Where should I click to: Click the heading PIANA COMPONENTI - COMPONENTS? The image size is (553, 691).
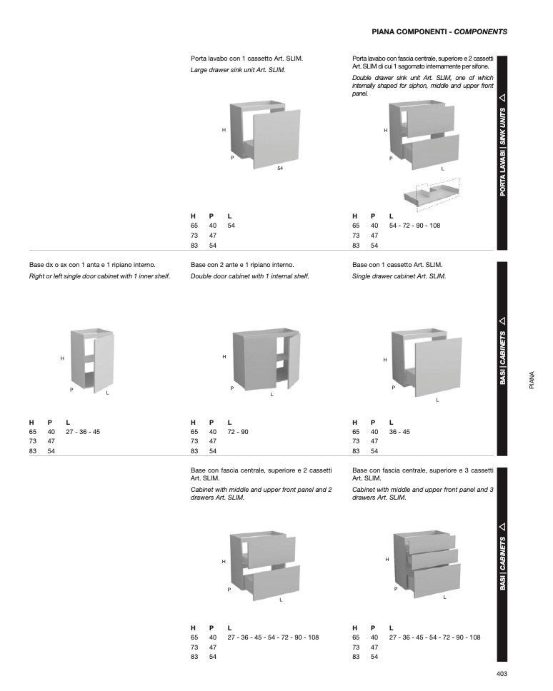(439, 32)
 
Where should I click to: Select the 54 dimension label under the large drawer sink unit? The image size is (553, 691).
(281, 168)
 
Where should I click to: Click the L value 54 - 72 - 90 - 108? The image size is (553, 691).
(414, 226)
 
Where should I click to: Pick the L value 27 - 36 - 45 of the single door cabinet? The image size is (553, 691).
(83, 432)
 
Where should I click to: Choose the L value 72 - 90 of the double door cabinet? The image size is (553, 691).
(238, 432)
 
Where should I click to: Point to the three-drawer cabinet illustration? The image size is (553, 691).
(427, 560)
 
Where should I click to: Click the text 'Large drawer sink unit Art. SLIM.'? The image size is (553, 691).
(238, 70)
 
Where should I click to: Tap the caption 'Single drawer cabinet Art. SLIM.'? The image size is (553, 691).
(399, 276)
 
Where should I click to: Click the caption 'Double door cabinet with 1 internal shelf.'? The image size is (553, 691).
(249, 276)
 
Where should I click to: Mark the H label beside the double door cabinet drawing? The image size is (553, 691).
(224, 356)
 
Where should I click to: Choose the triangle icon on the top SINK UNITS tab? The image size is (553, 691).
(502, 97)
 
